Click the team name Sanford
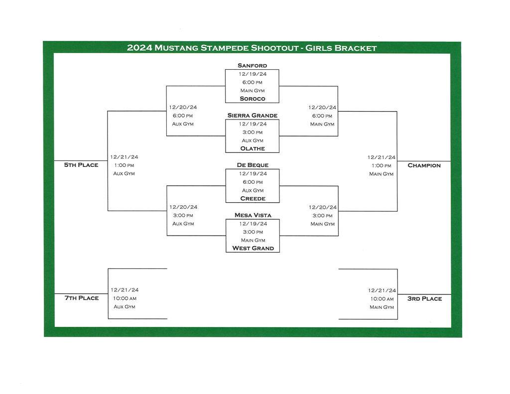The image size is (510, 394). tap(252, 65)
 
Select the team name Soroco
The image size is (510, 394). tap(252, 99)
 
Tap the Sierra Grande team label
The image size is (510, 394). tap(252, 115)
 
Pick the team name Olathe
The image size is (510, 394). tap(252, 148)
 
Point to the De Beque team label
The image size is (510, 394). tap(252, 165)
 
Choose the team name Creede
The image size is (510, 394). tap(253, 198)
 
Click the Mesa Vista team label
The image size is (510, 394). tap(252, 215)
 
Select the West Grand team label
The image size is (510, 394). tap(253, 248)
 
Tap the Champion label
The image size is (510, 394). tap(424, 165)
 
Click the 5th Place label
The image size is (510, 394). tap(81, 165)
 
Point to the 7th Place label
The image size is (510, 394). tap(81, 298)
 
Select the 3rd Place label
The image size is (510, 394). tap(424, 298)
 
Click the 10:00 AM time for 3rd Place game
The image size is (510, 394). tap(382, 299)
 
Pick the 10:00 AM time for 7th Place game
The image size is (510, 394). tap(125, 298)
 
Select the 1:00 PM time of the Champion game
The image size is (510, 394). tap(381, 165)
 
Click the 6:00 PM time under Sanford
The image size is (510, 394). tap(252, 82)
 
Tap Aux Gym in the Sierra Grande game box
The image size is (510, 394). tap(252, 140)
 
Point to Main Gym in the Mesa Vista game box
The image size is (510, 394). tap(252, 240)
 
